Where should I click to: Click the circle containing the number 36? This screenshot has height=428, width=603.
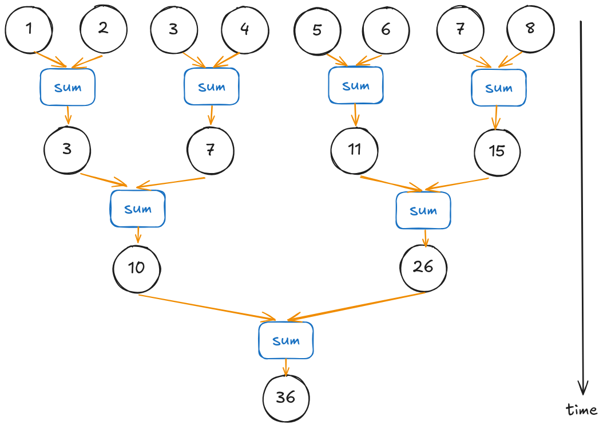285,398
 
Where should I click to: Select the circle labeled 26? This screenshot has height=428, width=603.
424,268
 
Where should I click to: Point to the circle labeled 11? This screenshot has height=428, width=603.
355,150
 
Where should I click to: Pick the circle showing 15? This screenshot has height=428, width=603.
497,151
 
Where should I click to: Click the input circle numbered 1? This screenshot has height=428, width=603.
29,29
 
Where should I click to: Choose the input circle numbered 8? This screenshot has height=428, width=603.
530,29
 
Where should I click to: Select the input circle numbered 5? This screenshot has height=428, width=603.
318,30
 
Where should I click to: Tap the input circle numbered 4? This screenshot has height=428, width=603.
245,30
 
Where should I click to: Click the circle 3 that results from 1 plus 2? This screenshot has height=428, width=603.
68,150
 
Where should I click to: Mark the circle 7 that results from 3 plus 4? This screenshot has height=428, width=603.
211,151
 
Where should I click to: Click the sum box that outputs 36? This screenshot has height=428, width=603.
286,341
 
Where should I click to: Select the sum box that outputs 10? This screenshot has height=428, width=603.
138,209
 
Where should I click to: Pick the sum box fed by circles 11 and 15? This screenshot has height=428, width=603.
423,210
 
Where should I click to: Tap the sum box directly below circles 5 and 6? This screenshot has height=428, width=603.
356,86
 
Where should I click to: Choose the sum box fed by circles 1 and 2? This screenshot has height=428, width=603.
68,88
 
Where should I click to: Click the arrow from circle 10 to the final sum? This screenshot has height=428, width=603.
206,307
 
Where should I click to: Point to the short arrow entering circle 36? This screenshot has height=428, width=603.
285,367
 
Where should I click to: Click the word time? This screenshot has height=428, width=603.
582,410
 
